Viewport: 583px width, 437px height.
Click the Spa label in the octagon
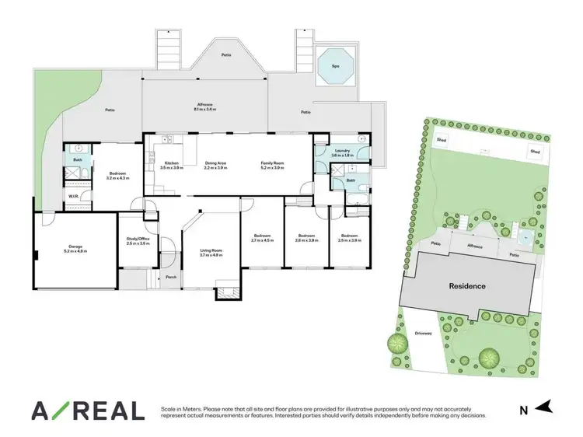(335, 66)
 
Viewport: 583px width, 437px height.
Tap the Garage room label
(69, 246)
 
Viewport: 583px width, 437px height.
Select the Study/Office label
(138, 238)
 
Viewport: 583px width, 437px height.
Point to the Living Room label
(211, 250)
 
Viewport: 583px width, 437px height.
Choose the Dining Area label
(215, 163)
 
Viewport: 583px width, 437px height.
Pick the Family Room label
(273, 163)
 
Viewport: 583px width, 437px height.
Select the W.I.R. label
(75, 195)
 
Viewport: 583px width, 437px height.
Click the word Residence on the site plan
(467, 286)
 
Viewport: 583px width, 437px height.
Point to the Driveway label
(423, 333)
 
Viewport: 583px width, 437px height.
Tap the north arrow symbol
(546, 405)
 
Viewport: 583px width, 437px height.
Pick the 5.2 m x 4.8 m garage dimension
(69, 252)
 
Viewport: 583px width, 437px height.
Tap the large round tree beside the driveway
(488, 358)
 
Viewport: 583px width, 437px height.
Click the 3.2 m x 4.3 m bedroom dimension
(119, 178)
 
